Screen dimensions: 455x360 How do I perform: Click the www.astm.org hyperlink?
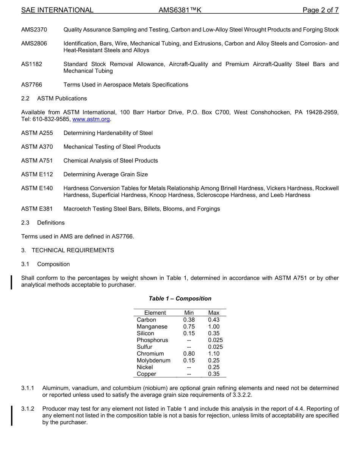pyautogui.click(x=91, y=119)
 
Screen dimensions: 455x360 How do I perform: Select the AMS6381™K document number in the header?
pyautogui.click(x=180, y=10)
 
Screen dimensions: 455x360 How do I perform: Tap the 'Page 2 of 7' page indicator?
pyautogui.click(x=320, y=10)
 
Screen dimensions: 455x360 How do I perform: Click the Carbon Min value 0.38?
pyautogui.click(x=189, y=320)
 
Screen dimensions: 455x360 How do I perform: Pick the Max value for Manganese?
pyautogui.click(x=214, y=326)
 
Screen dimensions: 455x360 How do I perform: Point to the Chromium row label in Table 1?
pyautogui.click(x=150, y=353)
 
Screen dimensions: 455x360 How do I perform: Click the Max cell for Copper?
pyautogui.click(x=214, y=374)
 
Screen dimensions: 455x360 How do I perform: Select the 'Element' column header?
pyautogui.click(x=155, y=313)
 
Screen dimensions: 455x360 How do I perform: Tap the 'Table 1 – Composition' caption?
pyautogui.click(x=180, y=298)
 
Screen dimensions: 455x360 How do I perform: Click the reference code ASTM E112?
pyautogui.click(x=37, y=174)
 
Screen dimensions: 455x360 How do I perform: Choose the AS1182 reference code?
pyautogui.click(x=31, y=64)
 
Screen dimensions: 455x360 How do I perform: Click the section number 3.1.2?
pyautogui.click(x=28, y=409)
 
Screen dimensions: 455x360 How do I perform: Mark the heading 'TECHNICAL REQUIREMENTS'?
pyautogui.click(x=73, y=250)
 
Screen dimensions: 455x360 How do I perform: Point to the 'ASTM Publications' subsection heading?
pyautogui.click(x=62, y=98)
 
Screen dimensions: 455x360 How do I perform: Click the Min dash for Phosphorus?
pyautogui.click(x=189, y=340)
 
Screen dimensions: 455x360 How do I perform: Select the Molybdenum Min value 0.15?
pyautogui.click(x=189, y=360)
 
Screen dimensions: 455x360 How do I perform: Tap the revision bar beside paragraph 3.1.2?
pyautogui.click(x=12, y=415)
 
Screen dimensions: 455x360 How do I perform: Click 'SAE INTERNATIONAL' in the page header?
pyautogui.click(x=57, y=10)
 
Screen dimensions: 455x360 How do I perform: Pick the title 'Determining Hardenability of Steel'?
pyautogui.click(x=108, y=133)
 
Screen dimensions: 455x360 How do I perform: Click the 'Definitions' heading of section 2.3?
pyautogui.click(x=51, y=223)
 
